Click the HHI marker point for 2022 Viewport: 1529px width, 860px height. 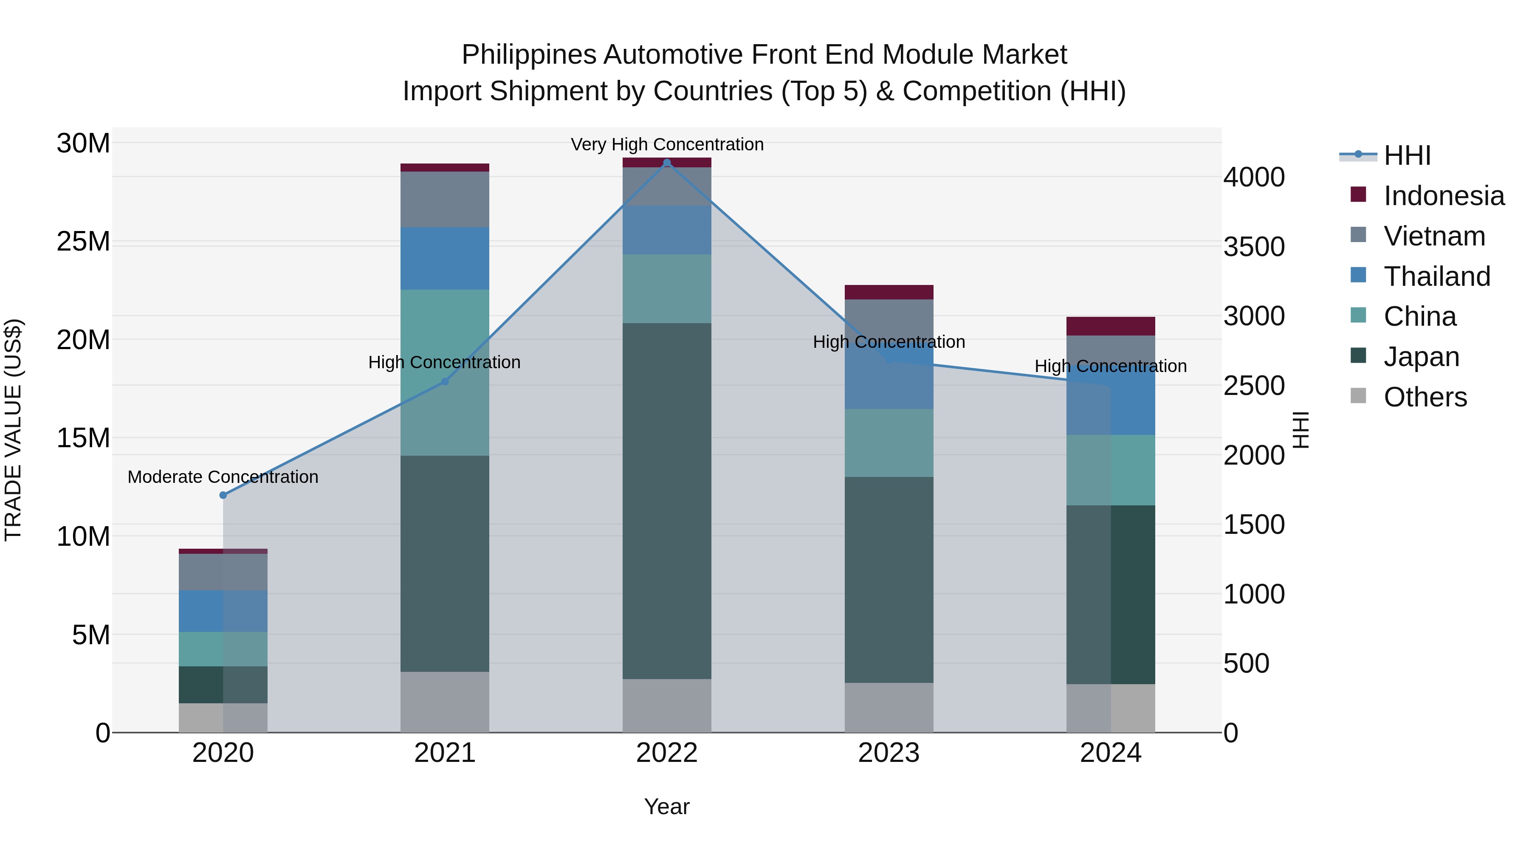pyautogui.click(x=666, y=163)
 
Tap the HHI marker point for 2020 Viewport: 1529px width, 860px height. pyautogui.click(x=223, y=495)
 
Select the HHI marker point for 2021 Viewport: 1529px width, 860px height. pyautogui.click(x=445, y=382)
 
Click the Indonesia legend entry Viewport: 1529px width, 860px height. pyautogui.click(x=1444, y=196)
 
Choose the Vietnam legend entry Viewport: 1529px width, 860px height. pyautogui.click(x=1434, y=236)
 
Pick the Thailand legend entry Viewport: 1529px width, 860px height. pyautogui.click(x=1436, y=276)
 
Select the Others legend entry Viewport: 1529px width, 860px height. pyautogui.click(x=1425, y=397)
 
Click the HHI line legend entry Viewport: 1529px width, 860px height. pyautogui.click(x=1407, y=155)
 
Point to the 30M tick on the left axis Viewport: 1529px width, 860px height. pyautogui.click(x=83, y=143)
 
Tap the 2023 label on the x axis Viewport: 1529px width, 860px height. pyautogui.click(x=889, y=753)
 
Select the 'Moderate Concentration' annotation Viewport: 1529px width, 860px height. pyautogui.click(x=223, y=477)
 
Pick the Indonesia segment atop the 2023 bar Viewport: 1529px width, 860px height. pyautogui.click(x=889, y=292)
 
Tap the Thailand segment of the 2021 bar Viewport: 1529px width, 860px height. pyautogui.click(x=445, y=259)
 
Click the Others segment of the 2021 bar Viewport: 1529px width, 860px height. pyautogui.click(x=445, y=702)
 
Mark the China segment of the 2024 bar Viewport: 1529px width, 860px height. pyautogui.click(x=1111, y=470)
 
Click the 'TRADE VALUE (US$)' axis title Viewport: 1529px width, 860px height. pyautogui.click(x=13, y=430)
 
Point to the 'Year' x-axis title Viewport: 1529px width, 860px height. pyautogui.click(x=666, y=806)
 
